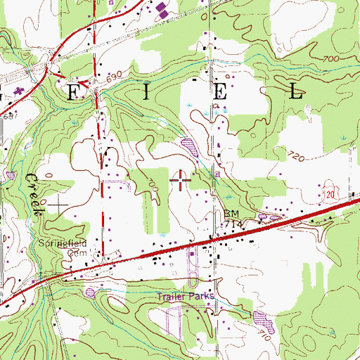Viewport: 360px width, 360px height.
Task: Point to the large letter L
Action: point(297,91)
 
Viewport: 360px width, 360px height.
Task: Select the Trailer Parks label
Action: point(185,297)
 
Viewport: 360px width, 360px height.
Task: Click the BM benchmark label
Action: point(231,213)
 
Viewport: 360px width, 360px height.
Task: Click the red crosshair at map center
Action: point(180,180)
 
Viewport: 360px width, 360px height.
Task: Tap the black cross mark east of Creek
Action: point(58,204)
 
